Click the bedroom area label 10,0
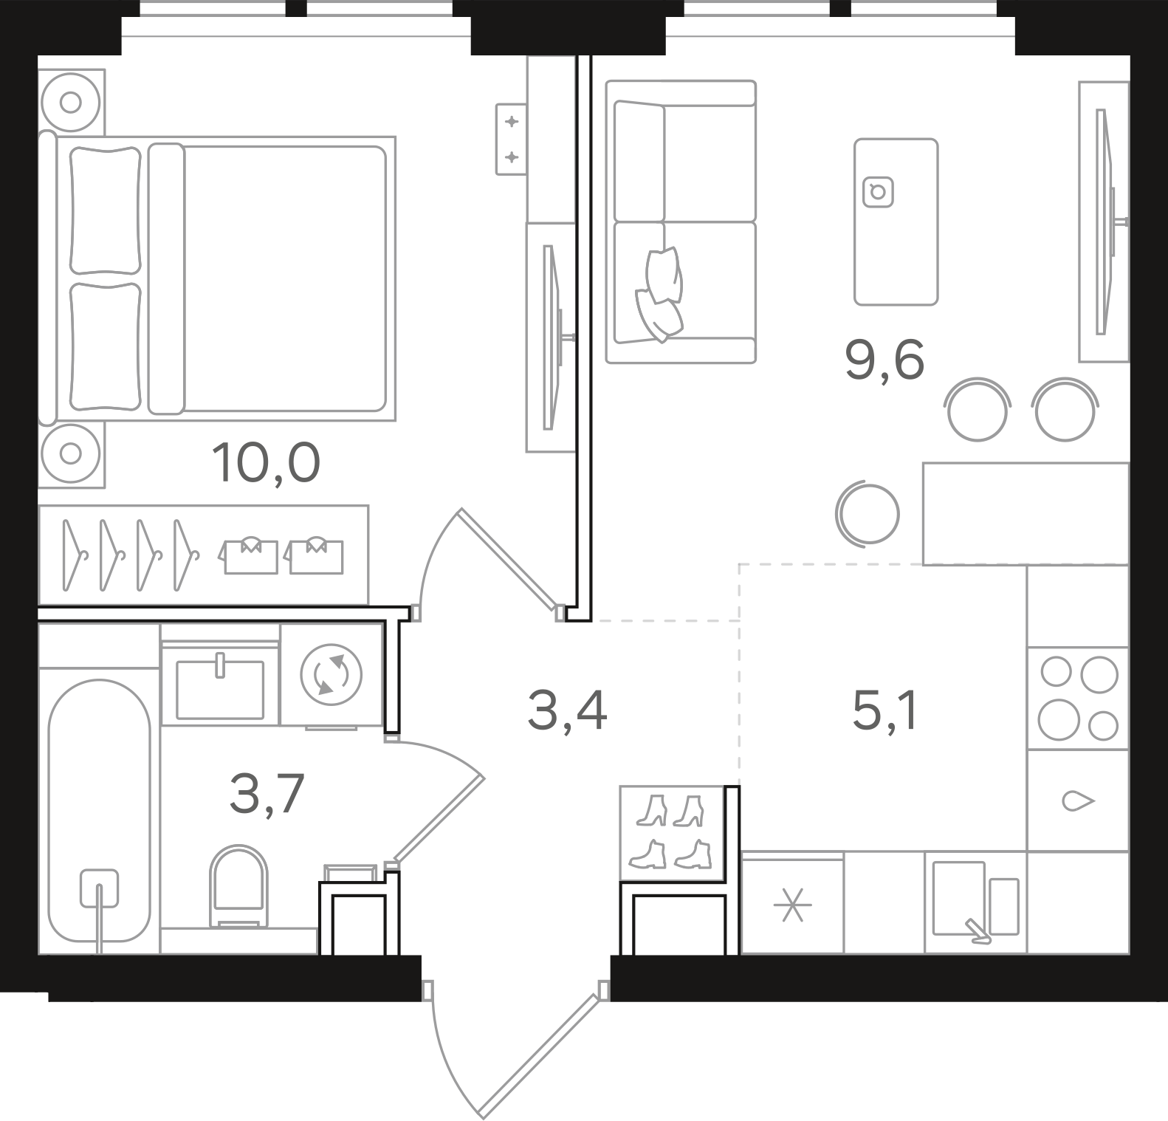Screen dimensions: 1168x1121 (x=266, y=463)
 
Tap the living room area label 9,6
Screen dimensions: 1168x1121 (x=884, y=361)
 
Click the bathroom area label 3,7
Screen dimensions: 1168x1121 (x=267, y=795)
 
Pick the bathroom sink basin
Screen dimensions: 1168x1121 (x=220, y=689)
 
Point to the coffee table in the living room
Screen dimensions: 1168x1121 (x=896, y=222)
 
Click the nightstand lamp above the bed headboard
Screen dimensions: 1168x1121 (x=71, y=102)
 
